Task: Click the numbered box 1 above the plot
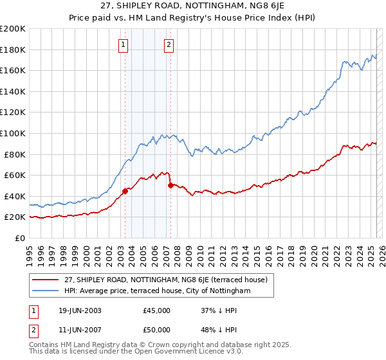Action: click(x=122, y=45)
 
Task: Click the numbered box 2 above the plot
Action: click(x=169, y=45)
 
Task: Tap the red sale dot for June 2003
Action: click(x=125, y=190)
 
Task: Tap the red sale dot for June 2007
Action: click(x=170, y=185)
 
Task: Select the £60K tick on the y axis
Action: click(x=14, y=175)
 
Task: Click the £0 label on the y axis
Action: click(x=20, y=238)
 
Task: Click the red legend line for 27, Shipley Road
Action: click(x=46, y=280)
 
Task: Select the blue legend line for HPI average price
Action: click(x=46, y=291)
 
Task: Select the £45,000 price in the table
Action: click(x=157, y=311)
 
